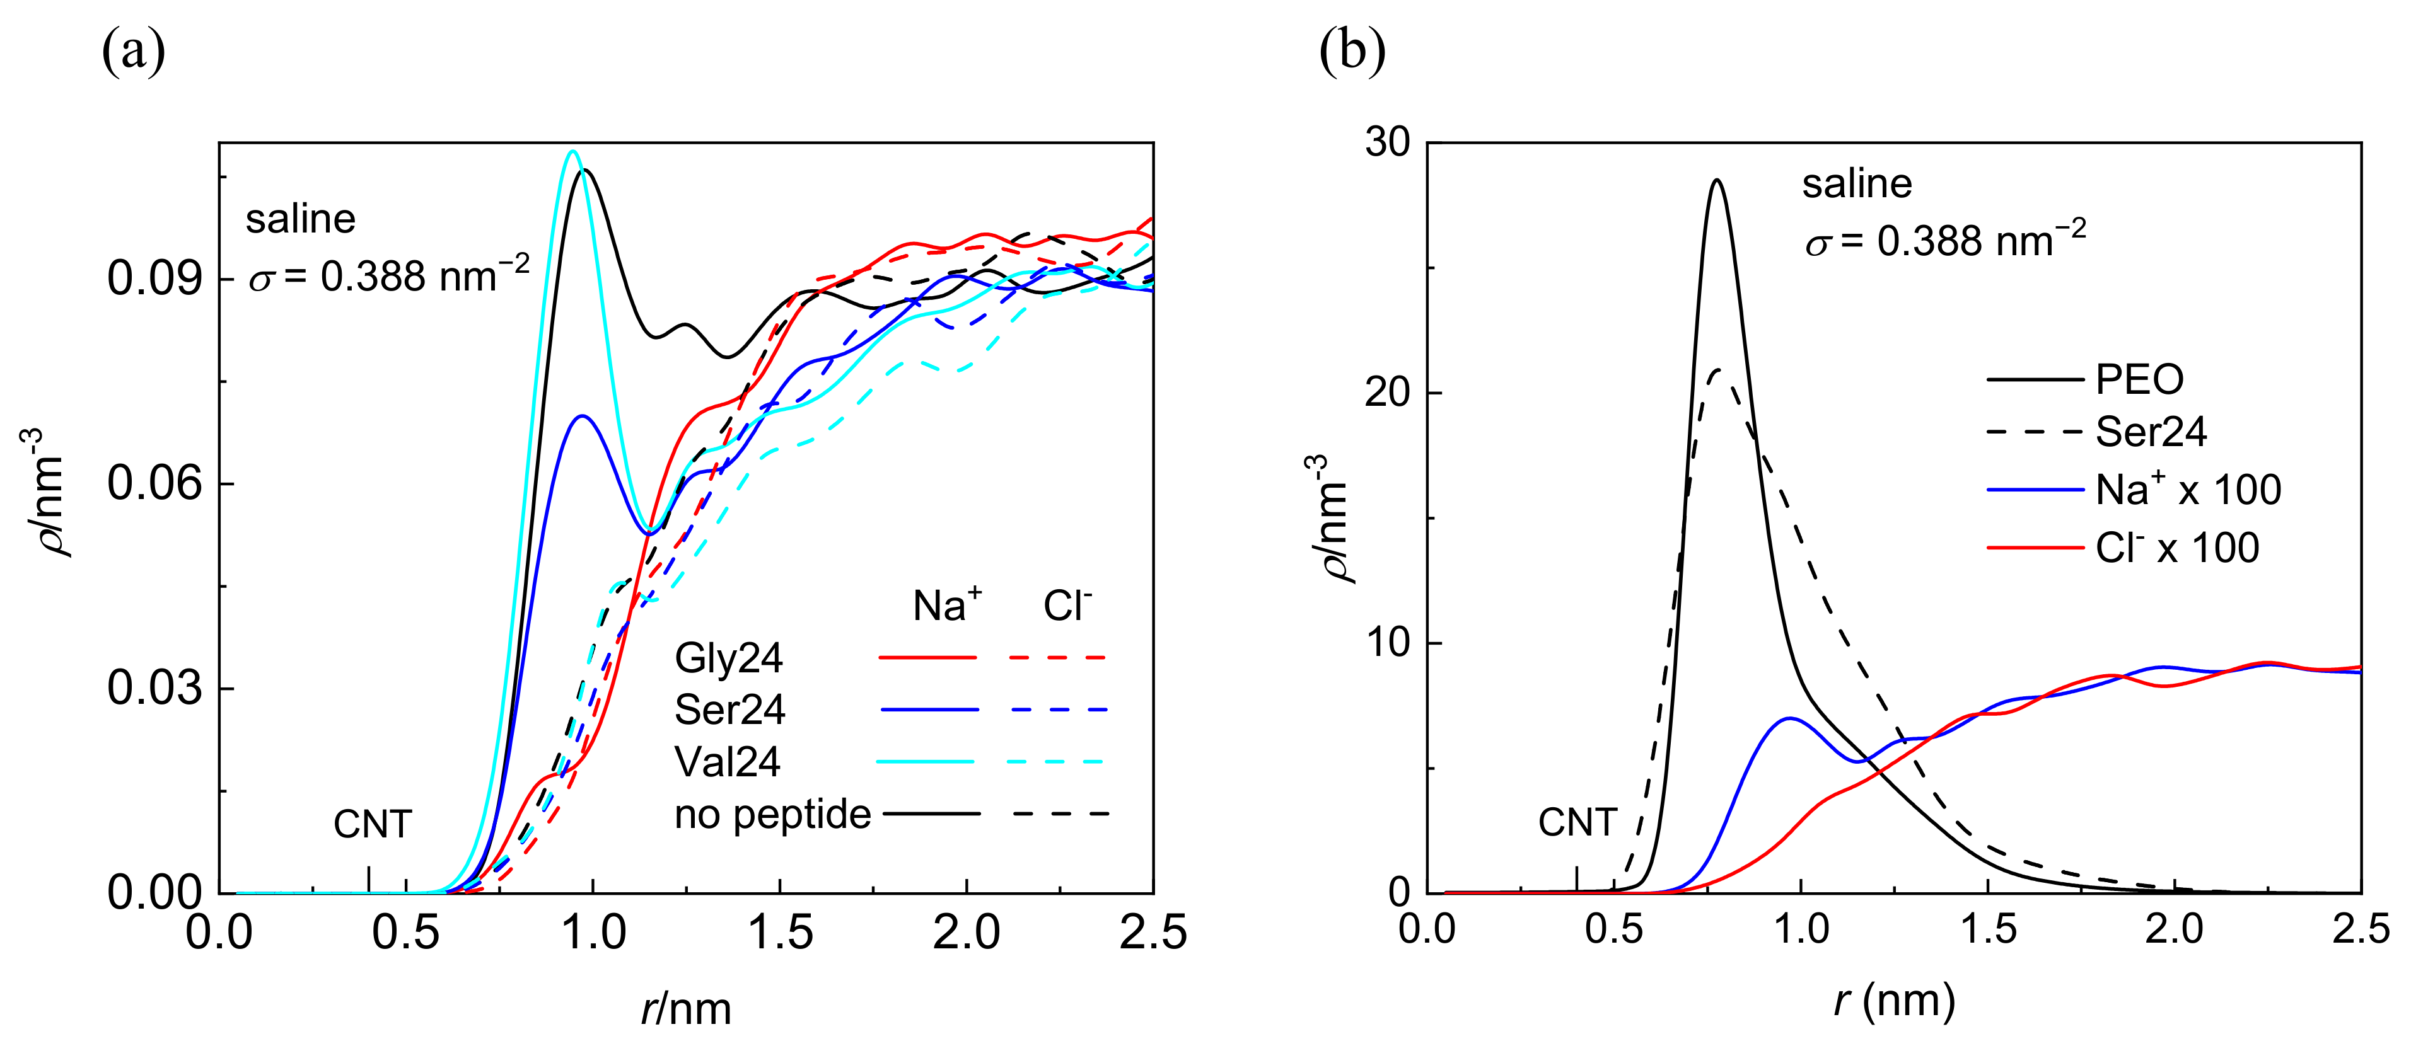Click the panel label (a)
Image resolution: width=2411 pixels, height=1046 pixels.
click(x=133, y=52)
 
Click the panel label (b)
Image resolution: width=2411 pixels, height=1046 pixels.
click(x=1352, y=52)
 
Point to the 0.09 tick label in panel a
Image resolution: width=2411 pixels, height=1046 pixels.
click(x=154, y=278)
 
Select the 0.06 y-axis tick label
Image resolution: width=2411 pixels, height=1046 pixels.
click(x=154, y=484)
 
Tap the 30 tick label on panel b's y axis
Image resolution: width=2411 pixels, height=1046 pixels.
click(x=1387, y=142)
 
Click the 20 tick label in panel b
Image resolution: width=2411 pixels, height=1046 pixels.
click(x=1387, y=393)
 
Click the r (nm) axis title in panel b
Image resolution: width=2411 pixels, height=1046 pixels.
click(x=1895, y=1001)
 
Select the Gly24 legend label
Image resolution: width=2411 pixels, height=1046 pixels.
click(x=728, y=658)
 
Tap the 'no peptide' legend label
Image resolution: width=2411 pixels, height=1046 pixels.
click(x=772, y=814)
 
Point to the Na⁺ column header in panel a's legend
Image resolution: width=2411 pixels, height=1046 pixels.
click(x=947, y=606)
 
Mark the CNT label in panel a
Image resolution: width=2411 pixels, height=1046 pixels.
click(x=373, y=824)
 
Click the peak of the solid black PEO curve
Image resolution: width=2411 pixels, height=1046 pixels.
click(x=1717, y=181)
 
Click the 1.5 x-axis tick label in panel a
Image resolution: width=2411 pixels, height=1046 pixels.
click(x=780, y=933)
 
